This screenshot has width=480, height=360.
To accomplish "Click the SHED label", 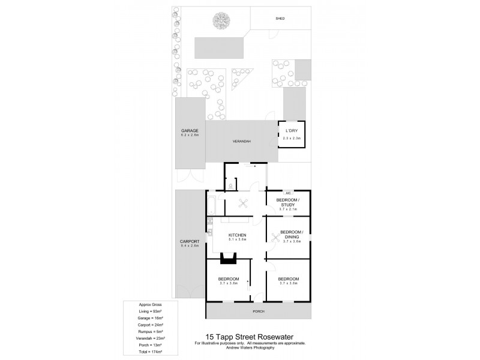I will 280,19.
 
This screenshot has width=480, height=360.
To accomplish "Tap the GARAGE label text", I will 190,131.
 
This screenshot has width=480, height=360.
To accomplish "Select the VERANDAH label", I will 242,142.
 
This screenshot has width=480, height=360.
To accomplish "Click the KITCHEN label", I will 236,235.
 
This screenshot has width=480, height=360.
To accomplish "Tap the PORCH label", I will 259,311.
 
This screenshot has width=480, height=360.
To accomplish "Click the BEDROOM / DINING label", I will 292,234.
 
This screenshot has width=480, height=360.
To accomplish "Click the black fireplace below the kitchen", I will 228,259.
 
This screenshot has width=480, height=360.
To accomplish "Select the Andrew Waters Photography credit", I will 250,347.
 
